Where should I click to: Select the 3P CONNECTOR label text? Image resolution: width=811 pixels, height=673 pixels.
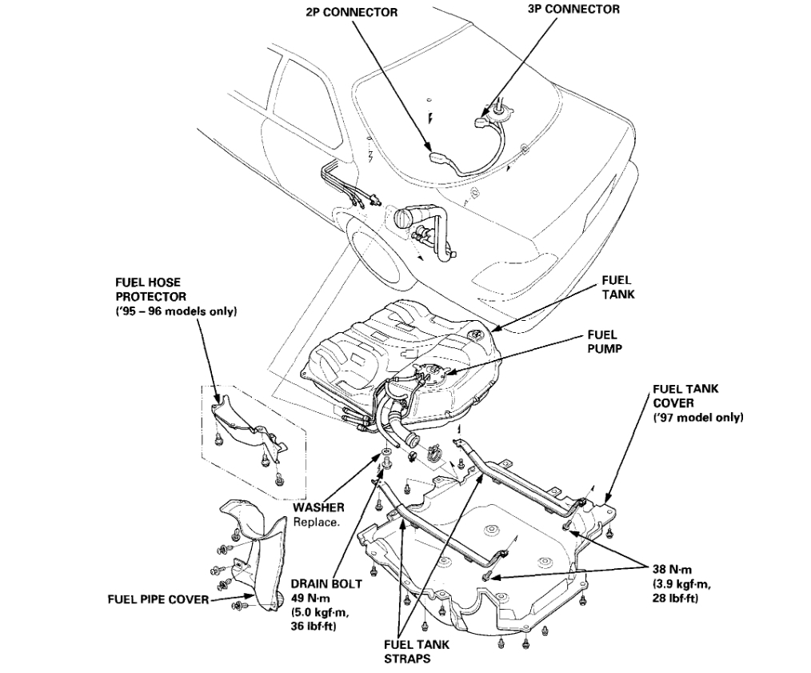[x=574, y=10]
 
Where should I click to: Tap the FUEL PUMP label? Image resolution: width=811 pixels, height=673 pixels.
[x=602, y=342]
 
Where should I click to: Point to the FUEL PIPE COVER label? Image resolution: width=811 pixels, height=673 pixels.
[x=158, y=599]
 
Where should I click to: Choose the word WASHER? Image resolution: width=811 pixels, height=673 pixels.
[x=318, y=507]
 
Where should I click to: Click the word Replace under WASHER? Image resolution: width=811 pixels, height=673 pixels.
[x=317, y=522]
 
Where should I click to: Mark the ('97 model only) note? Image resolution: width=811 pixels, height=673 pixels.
[x=698, y=418]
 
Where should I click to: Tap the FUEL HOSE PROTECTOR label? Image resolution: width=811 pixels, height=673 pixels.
[x=149, y=289]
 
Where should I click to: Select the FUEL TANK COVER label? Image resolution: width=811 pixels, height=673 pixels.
[x=685, y=396]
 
